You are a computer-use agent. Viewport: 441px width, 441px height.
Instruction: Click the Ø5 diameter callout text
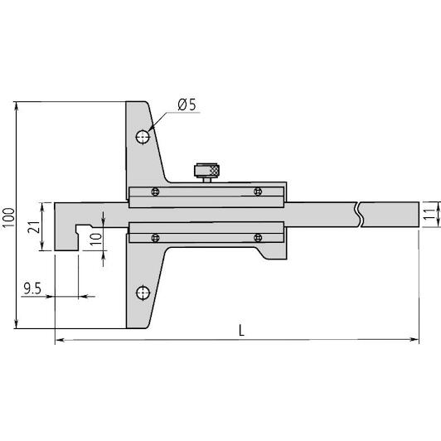[187, 104]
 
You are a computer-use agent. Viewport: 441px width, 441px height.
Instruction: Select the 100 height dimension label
[9, 217]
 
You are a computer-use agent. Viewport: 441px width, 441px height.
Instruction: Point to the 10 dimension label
[96, 239]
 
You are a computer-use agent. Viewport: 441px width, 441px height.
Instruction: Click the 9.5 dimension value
[32, 288]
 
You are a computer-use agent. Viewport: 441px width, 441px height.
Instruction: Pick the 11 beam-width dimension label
[429, 215]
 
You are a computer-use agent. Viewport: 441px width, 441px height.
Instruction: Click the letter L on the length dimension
[241, 330]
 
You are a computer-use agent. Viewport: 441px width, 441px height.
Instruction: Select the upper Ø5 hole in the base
[143, 138]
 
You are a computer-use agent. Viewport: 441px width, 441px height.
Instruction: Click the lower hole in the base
[143, 293]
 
